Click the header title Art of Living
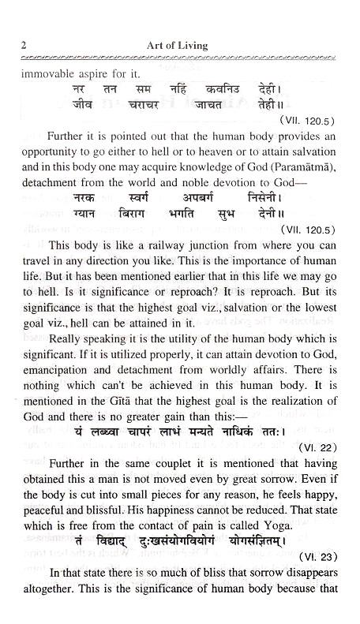(x=178, y=46)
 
